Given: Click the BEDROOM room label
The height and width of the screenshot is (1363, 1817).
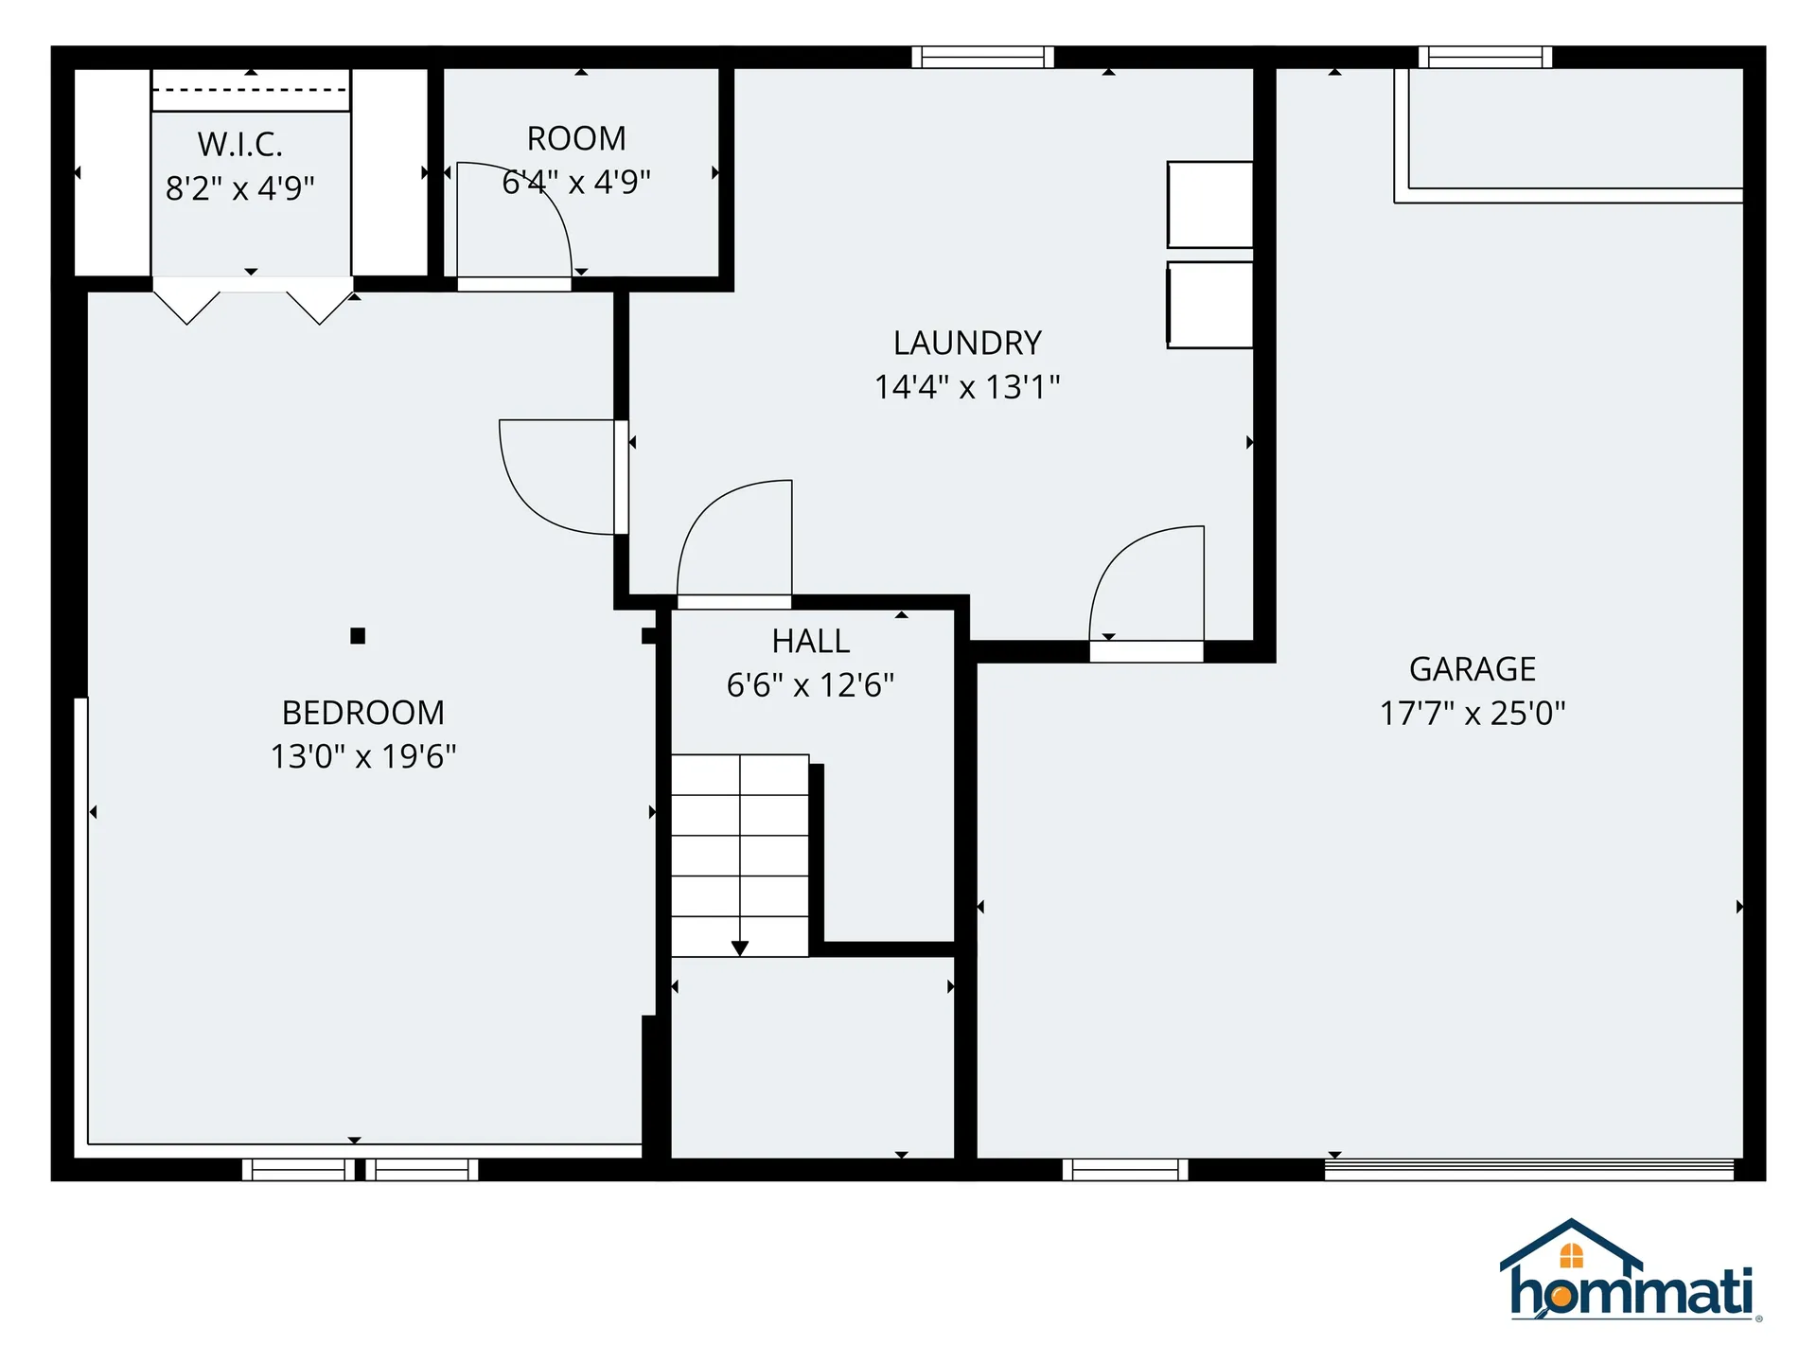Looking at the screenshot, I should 363,713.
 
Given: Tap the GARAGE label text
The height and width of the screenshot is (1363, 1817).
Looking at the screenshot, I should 1473,669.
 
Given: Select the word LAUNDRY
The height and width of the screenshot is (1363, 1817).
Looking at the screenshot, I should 967,343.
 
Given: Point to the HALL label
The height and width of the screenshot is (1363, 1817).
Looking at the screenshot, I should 811,642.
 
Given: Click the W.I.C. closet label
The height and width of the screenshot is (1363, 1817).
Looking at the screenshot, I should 240,145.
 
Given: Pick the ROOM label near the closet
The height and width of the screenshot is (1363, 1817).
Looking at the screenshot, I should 576,139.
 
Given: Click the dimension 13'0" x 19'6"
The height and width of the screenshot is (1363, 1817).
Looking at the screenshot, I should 363,756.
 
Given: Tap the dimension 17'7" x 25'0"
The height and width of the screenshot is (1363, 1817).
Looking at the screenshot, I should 1473,713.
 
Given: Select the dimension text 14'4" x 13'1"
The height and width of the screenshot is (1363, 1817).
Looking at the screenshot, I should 967,387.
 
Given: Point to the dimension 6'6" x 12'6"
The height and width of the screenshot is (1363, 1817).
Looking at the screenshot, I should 811,685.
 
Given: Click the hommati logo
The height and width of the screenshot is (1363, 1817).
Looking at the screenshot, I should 1630,1273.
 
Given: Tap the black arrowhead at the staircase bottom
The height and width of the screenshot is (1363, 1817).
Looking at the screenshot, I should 740,947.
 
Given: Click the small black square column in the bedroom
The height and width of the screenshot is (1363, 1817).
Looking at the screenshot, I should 358,636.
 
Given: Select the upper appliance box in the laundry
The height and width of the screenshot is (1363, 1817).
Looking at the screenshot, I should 1210,204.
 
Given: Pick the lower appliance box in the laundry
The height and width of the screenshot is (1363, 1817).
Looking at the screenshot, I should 1210,305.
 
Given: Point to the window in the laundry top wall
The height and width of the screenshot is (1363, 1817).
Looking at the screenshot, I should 982,58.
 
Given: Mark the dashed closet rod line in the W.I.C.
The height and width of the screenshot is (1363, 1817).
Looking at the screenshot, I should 251,90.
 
